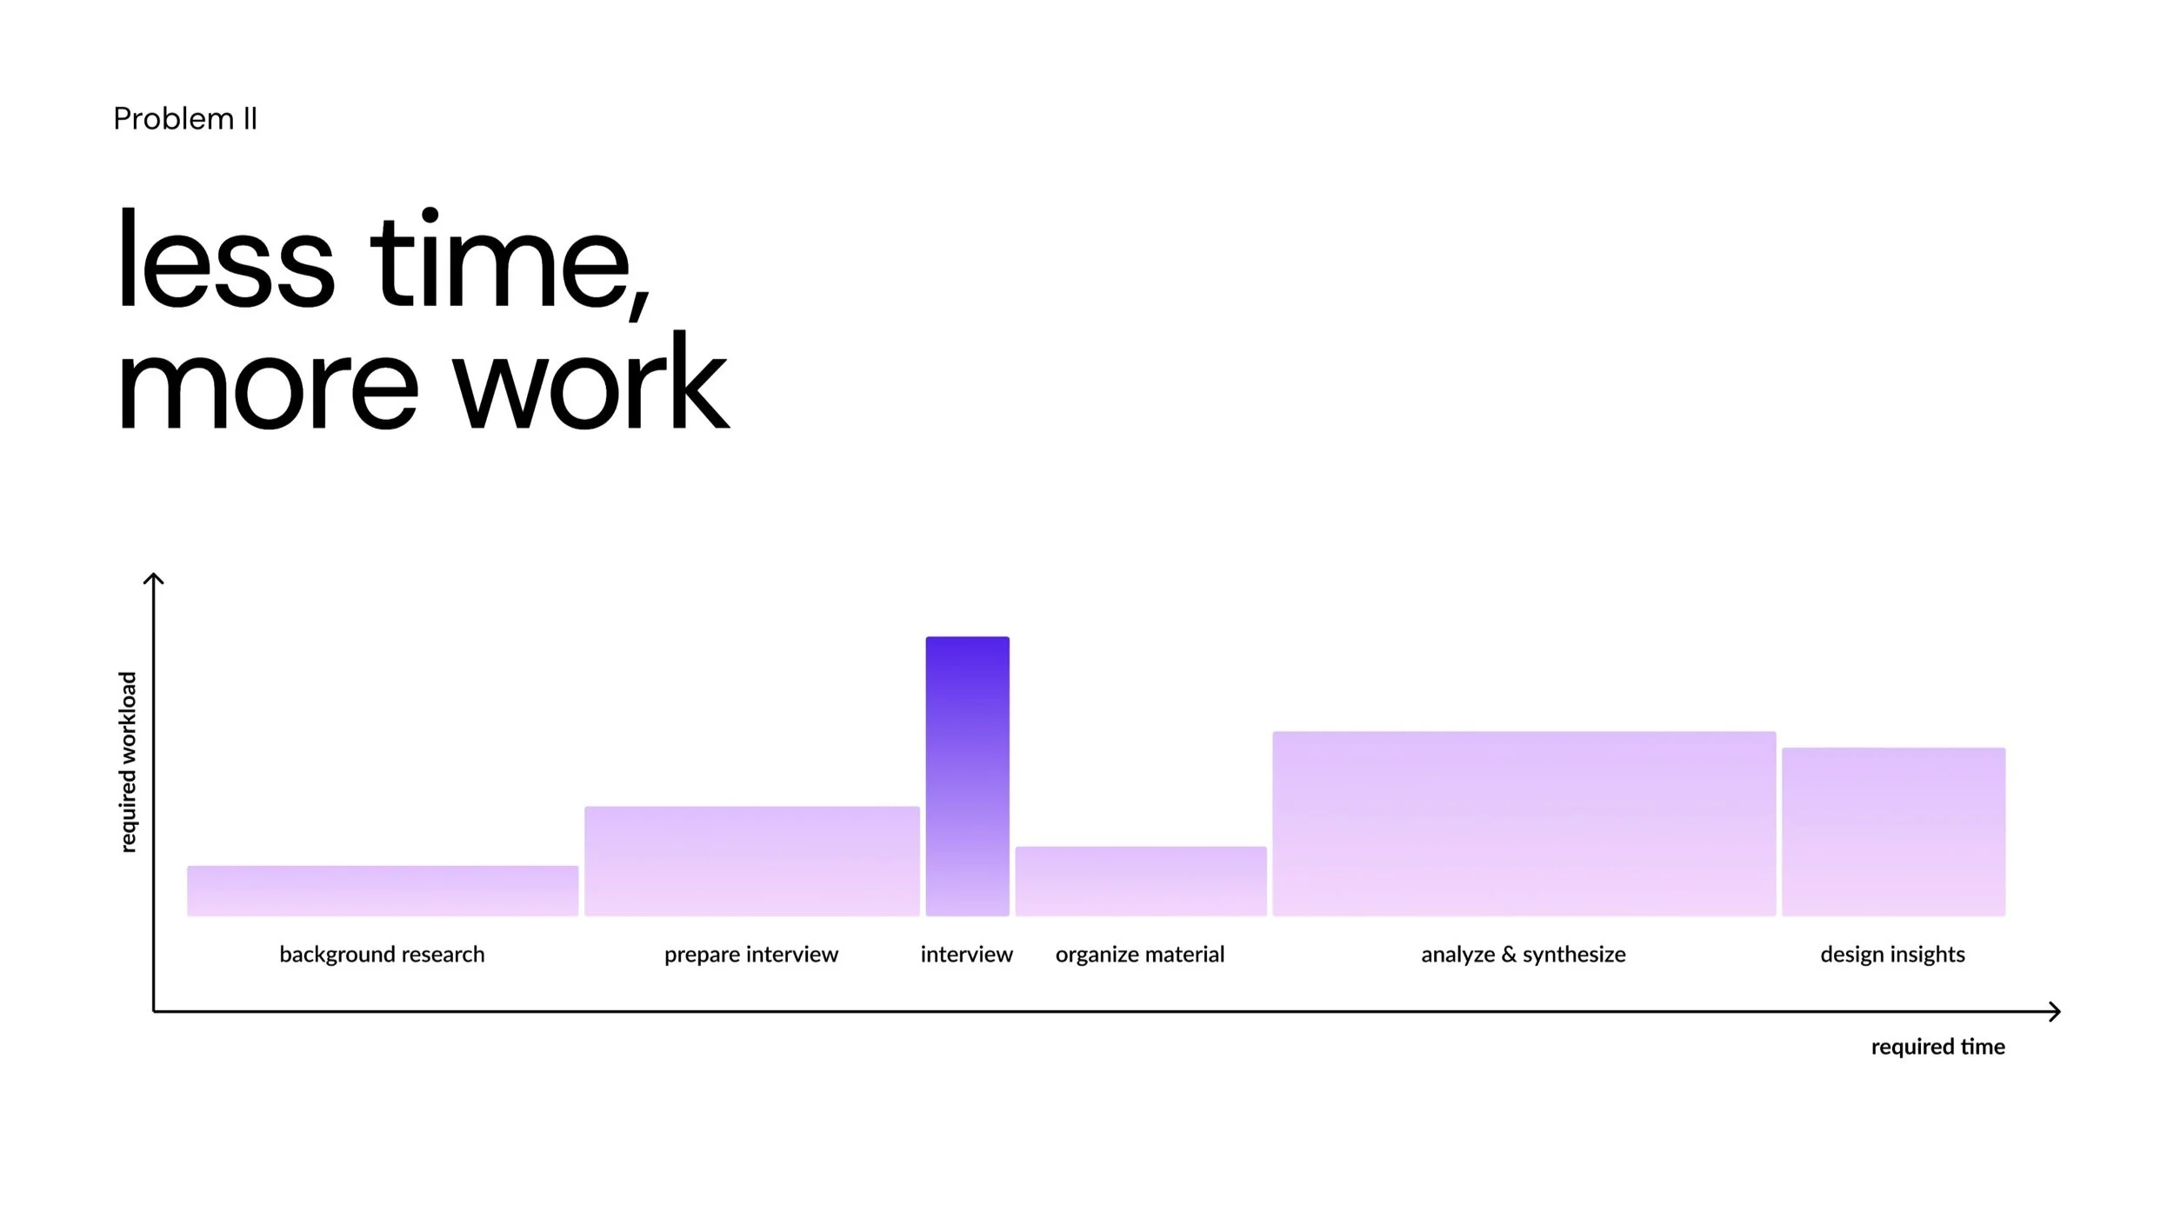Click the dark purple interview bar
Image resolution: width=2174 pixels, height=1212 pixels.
(x=967, y=776)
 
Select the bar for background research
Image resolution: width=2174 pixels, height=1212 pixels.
(x=383, y=890)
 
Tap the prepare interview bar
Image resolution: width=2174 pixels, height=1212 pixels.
(x=751, y=861)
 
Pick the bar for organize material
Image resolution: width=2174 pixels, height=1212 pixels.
(x=1140, y=881)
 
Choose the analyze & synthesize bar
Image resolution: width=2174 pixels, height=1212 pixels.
(x=1524, y=823)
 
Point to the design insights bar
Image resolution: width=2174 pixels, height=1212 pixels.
(x=1893, y=831)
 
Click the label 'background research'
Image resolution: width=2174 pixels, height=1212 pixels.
(x=382, y=955)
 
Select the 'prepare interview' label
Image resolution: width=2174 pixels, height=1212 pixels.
(x=751, y=956)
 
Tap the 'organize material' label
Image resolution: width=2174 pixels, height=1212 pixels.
(x=1140, y=956)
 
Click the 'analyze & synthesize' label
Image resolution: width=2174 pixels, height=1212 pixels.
(x=1524, y=956)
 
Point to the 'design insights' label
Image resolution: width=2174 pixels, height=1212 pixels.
(x=1892, y=956)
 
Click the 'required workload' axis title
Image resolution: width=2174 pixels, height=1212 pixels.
(x=128, y=762)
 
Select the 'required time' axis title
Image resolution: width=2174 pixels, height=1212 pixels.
(x=1937, y=1047)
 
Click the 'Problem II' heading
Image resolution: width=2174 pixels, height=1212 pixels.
(x=185, y=119)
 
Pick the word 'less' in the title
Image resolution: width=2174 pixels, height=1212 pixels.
(x=225, y=257)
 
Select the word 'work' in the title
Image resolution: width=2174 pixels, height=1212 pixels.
(x=591, y=381)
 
